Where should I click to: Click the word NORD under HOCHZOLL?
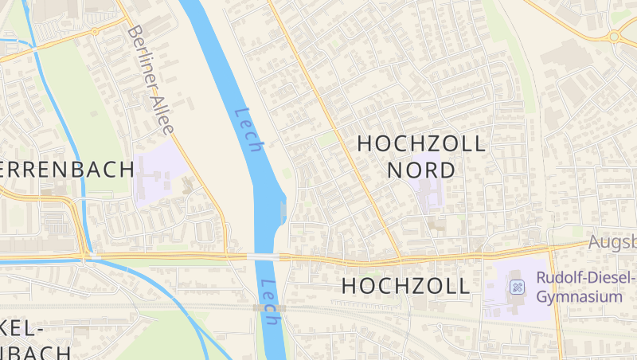pyautogui.click(x=421, y=170)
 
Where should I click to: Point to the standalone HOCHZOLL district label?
pyautogui.click(x=405, y=287)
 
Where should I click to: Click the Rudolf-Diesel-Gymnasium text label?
pyautogui.click(x=585, y=287)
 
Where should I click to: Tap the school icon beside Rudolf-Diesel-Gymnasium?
pyautogui.click(x=517, y=287)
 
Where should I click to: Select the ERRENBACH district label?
pyautogui.click(x=67, y=170)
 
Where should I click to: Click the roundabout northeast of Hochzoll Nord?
pyautogui.click(x=614, y=36)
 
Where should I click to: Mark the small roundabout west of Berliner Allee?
pyautogui.click(x=94, y=32)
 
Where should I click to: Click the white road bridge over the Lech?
pyautogui.click(x=263, y=256)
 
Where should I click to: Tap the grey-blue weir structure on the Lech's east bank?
pyautogui.click(x=284, y=211)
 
